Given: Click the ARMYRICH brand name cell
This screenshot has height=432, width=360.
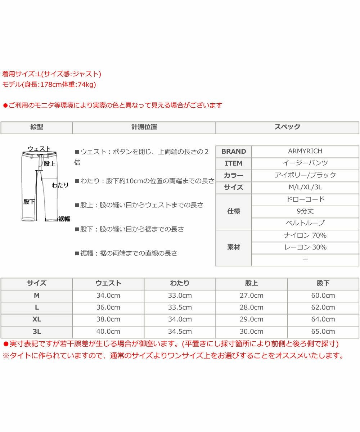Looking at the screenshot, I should (x=305, y=151).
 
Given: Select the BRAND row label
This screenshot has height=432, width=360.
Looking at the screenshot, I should (x=234, y=152).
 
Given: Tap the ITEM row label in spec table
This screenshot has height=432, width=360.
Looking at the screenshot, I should (x=234, y=163).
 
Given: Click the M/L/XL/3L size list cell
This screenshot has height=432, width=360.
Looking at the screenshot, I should (x=305, y=187).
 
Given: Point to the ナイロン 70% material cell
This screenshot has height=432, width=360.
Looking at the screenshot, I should (x=305, y=235).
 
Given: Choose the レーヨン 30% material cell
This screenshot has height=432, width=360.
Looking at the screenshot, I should (x=305, y=247).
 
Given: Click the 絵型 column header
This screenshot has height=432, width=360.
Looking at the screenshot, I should (x=37, y=127).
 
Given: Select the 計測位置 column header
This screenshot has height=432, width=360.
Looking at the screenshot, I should (x=144, y=127).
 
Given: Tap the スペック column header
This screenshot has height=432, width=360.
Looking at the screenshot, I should (x=287, y=127).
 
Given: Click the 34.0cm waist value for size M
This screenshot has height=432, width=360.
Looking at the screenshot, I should (x=108, y=296).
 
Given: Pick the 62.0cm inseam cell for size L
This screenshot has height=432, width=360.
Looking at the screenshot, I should (x=323, y=307).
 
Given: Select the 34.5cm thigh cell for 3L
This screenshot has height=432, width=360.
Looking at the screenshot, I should (x=180, y=332).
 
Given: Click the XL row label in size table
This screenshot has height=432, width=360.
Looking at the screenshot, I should (x=37, y=319).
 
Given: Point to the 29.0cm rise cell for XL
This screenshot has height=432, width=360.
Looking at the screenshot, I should (x=251, y=319).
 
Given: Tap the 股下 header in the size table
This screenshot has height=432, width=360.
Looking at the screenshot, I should (x=323, y=283).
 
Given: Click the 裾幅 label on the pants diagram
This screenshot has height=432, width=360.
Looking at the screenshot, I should (x=64, y=219).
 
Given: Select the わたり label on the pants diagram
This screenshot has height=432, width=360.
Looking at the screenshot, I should (x=60, y=185).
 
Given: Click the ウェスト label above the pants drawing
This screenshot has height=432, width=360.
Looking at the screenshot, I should (x=39, y=148).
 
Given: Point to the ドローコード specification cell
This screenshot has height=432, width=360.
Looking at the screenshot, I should (x=305, y=199).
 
